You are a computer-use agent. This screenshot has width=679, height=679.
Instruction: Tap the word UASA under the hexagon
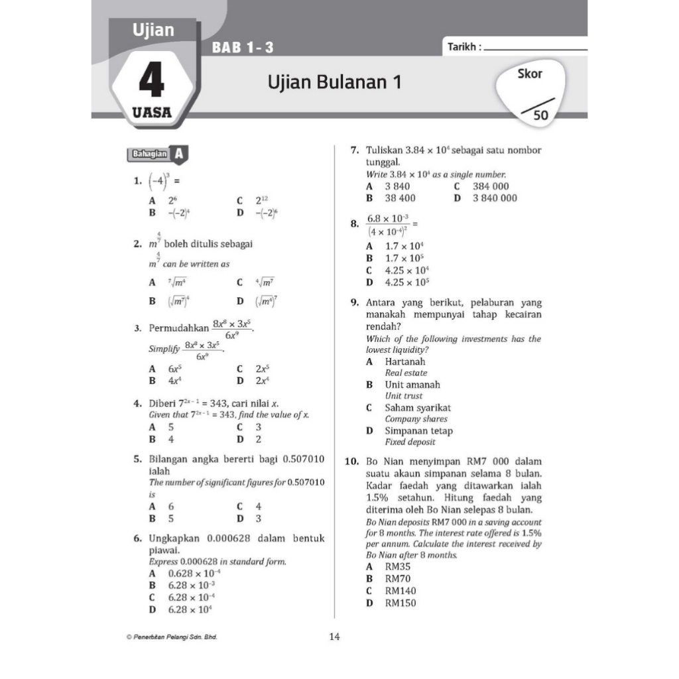(x=152, y=113)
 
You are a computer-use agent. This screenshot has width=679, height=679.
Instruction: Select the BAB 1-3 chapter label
(x=243, y=48)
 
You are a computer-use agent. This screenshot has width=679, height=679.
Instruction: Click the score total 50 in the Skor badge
(x=541, y=115)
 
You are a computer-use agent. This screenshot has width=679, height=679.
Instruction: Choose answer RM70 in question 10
(x=398, y=579)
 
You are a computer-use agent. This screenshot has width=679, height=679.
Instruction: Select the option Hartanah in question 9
(x=405, y=362)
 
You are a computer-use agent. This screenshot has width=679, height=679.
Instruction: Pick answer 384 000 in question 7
(x=491, y=187)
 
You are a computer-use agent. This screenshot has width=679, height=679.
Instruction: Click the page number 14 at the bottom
(x=334, y=637)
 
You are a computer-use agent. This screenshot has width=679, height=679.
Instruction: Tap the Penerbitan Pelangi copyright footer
(x=171, y=637)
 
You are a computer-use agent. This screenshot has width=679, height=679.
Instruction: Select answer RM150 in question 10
(x=401, y=603)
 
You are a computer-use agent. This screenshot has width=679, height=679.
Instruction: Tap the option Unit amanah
(x=412, y=385)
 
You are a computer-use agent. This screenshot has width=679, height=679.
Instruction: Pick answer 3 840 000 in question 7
(x=495, y=198)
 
